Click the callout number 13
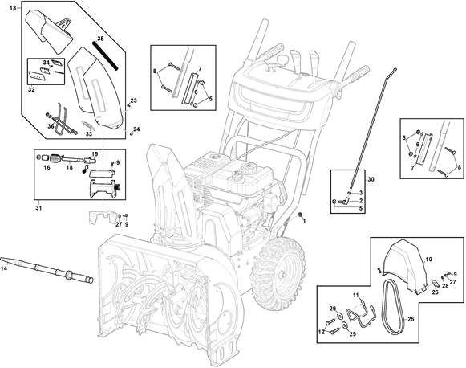point(13,8)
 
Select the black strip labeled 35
point(105,55)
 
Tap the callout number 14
point(5,268)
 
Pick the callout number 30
point(371,179)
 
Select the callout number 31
point(38,208)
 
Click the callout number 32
point(31,89)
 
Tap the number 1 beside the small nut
point(304,221)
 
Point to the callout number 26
point(435,292)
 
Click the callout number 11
point(356,296)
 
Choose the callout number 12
point(322,332)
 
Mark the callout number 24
point(136,129)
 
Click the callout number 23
point(134,100)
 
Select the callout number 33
point(89,134)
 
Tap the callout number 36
point(51,126)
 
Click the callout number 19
point(95,154)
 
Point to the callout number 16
point(47,167)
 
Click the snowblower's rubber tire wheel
point(278,273)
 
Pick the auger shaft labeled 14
point(47,270)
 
